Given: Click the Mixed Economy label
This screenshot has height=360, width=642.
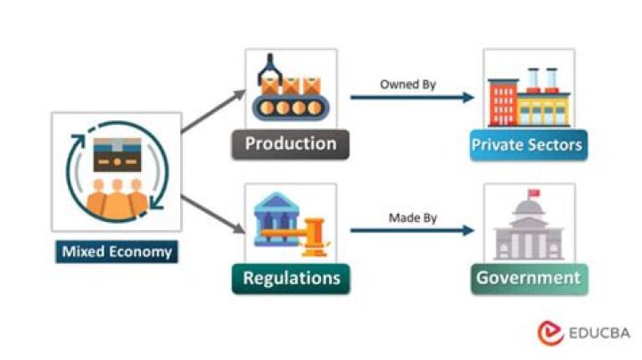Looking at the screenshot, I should point(116,252).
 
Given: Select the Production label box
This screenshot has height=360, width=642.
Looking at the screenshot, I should point(291,143).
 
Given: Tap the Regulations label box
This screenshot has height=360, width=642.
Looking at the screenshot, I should point(291,278).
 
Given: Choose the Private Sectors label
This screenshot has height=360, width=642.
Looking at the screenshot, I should point(529,144).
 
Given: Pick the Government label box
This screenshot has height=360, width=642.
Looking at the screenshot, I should point(528,278).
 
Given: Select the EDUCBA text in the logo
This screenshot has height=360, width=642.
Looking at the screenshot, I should point(598,333).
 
